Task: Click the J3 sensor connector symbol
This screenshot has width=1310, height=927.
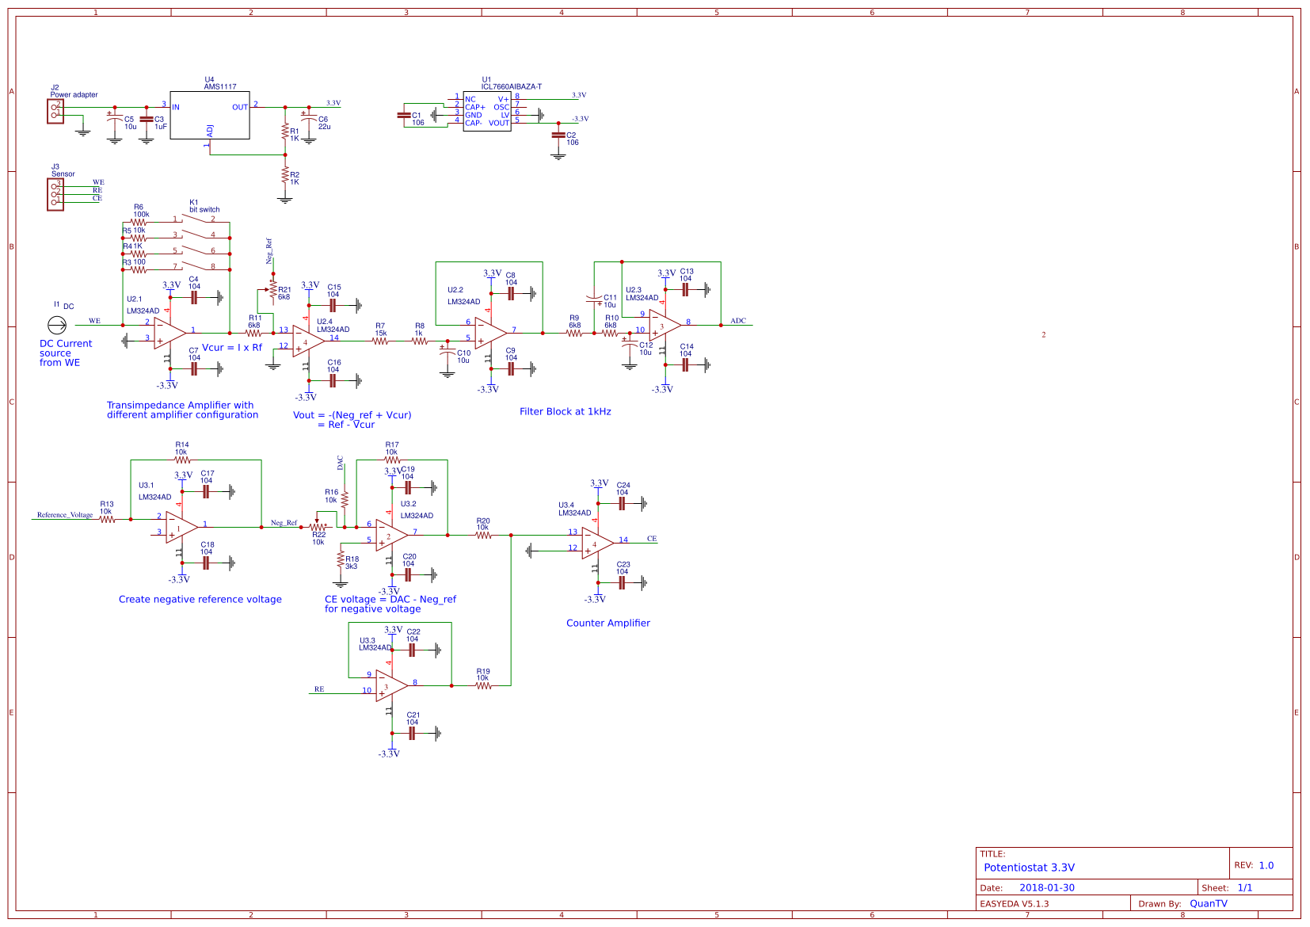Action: (x=55, y=193)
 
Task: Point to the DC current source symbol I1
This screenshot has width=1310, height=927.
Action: (x=56, y=325)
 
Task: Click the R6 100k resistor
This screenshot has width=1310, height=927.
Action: (x=139, y=223)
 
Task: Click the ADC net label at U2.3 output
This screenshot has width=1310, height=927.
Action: (x=738, y=321)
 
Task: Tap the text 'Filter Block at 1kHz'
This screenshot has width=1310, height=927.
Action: (x=565, y=411)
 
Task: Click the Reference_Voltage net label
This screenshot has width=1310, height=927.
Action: (x=65, y=515)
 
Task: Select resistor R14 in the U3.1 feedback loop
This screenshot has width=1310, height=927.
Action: (x=182, y=460)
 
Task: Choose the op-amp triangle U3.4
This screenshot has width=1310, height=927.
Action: (x=596, y=543)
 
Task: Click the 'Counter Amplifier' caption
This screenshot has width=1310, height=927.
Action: (x=607, y=623)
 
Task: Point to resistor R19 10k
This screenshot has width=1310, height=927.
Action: (x=483, y=685)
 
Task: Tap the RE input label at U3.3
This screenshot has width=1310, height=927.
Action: (x=319, y=689)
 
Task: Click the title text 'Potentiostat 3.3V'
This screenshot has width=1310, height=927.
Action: (x=1029, y=868)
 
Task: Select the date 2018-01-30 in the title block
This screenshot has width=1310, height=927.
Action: (x=1046, y=888)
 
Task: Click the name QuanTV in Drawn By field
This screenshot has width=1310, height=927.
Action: (x=1208, y=904)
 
